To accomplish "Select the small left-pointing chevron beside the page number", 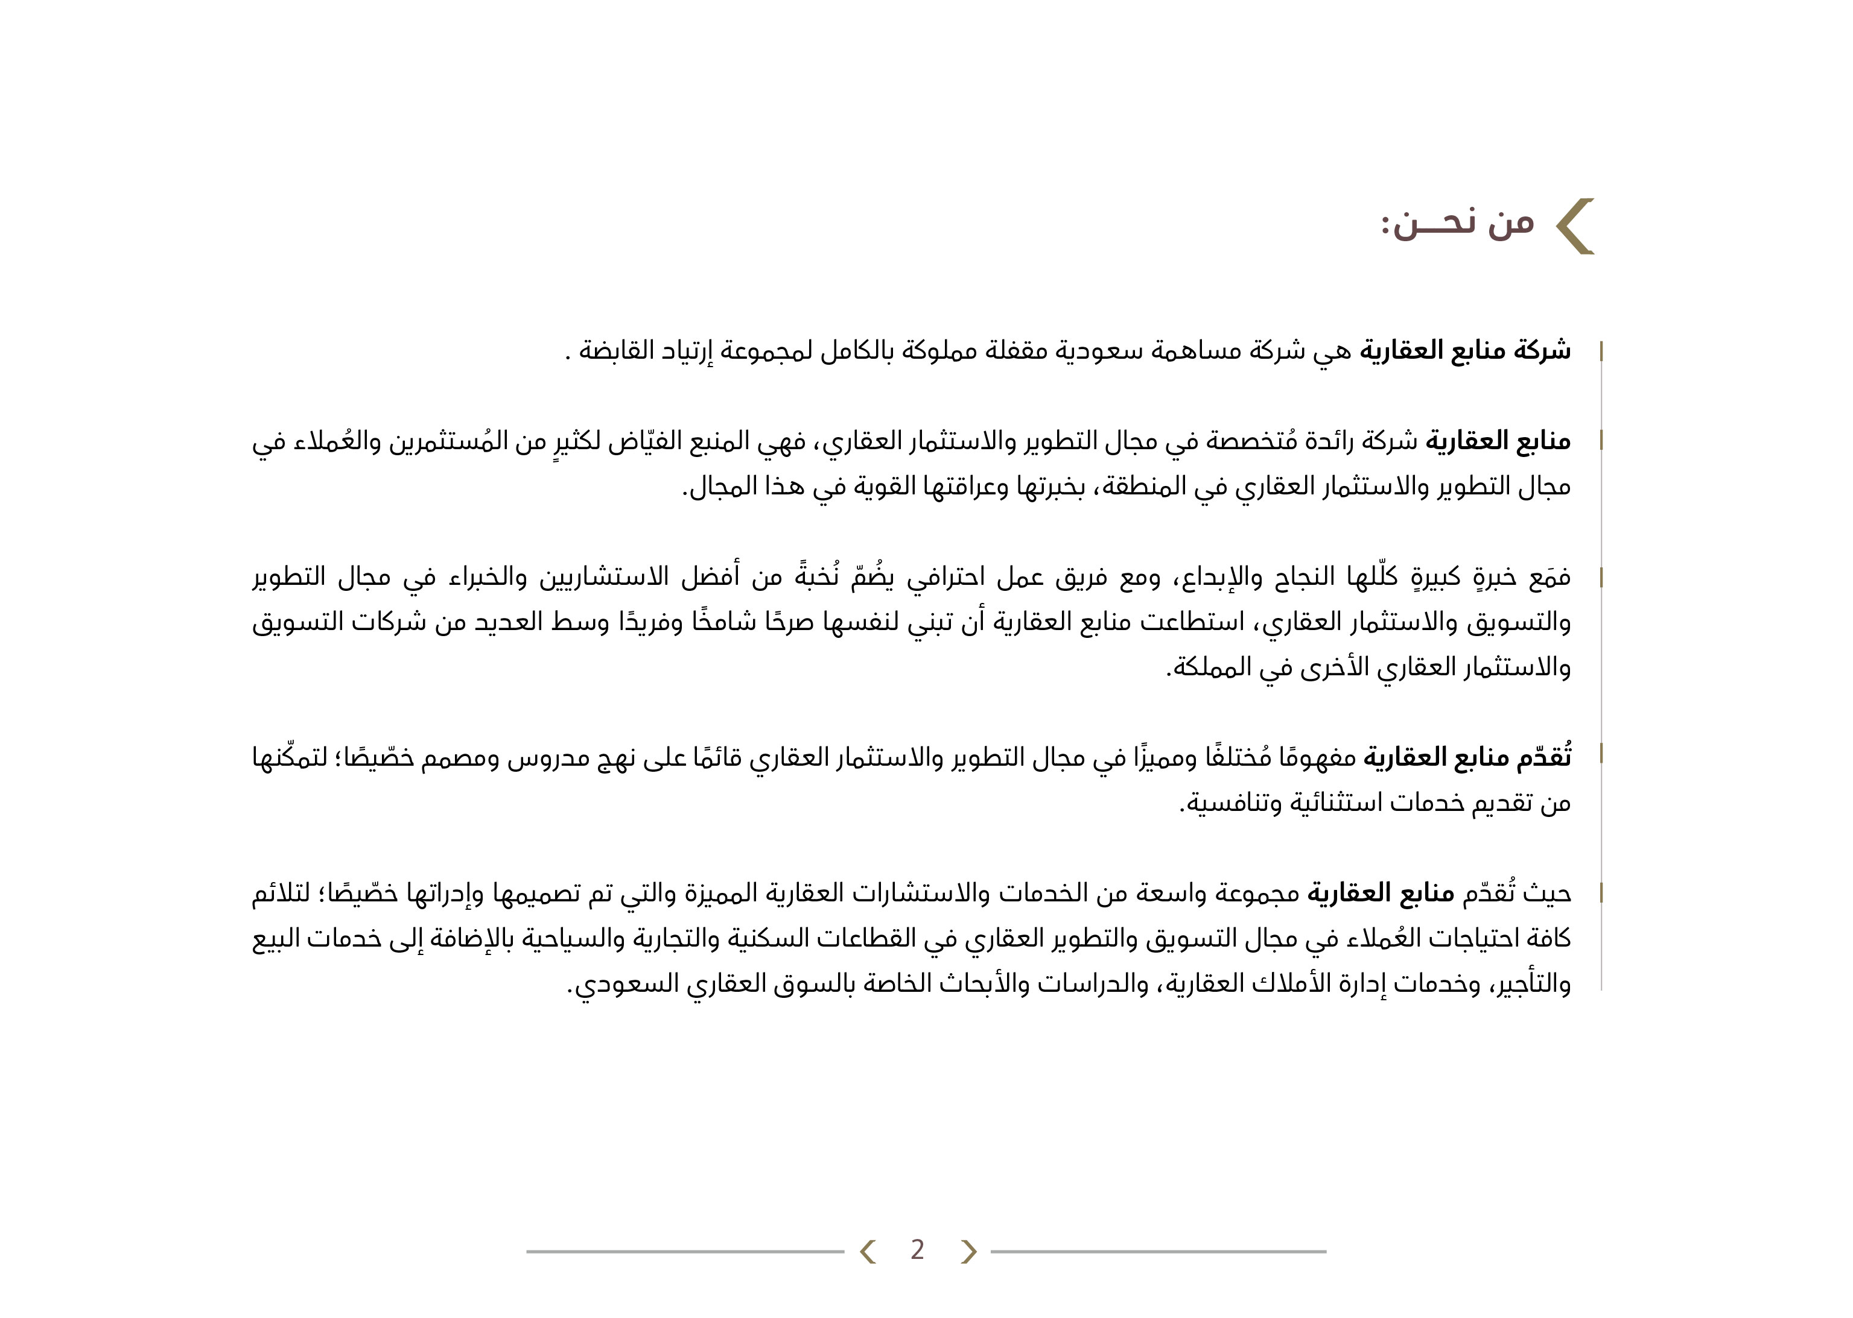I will [x=867, y=1252].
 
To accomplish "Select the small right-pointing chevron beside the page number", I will [x=968, y=1252].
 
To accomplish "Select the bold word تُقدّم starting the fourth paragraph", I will [x=1543, y=758].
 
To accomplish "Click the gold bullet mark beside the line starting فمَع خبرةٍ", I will [x=1600, y=578].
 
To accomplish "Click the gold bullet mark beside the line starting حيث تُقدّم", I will [x=1600, y=894].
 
